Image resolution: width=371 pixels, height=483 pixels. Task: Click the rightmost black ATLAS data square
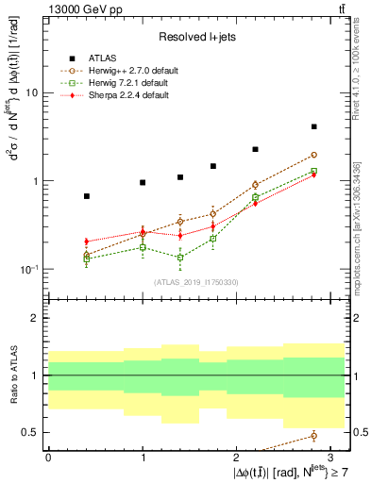[313, 126]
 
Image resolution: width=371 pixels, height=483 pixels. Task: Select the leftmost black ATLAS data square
[87, 196]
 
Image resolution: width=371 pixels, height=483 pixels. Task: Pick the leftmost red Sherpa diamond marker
[87, 241]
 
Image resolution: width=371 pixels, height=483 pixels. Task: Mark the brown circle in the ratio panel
[313, 435]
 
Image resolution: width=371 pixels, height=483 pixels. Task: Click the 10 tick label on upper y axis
[33, 93]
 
